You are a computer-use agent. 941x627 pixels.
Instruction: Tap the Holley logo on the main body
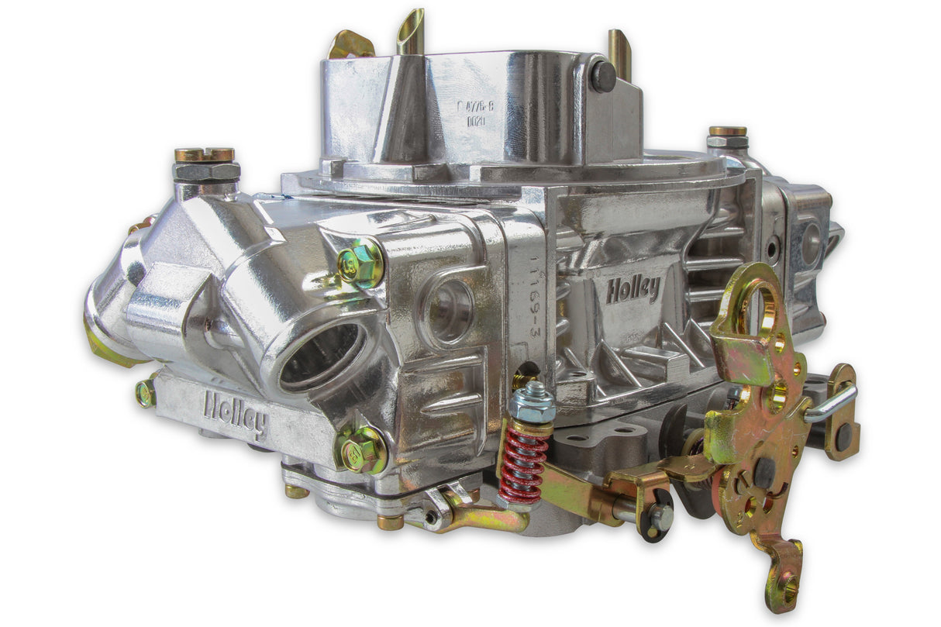[633, 290]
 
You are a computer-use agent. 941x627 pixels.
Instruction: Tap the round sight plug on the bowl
[450, 309]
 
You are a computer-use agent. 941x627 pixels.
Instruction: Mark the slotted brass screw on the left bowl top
[205, 155]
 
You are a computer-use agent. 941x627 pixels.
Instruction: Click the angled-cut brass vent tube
[411, 31]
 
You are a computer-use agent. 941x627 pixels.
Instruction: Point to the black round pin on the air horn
[603, 77]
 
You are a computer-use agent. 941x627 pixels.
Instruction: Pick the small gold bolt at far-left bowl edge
[145, 394]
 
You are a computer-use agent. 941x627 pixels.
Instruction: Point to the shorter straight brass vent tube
[619, 53]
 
